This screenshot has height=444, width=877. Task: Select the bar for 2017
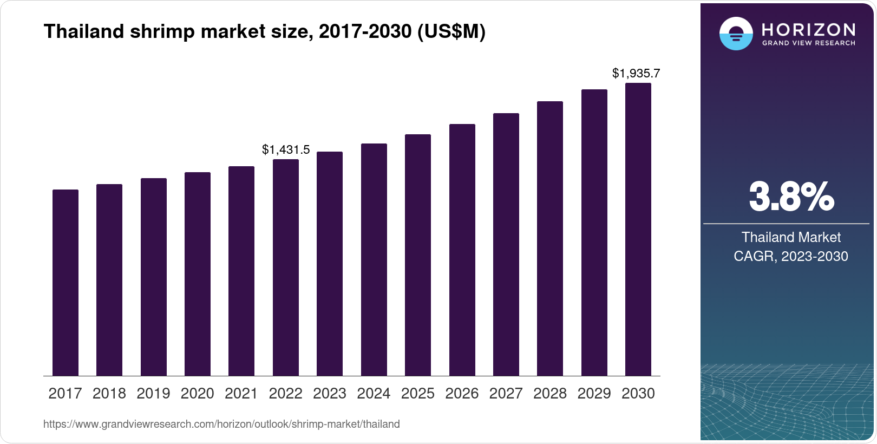click(66, 283)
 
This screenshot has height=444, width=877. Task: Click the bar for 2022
click(286, 267)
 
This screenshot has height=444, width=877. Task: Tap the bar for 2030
click(638, 230)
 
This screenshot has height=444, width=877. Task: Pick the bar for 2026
click(462, 250)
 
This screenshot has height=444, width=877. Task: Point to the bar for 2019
click(154, 277)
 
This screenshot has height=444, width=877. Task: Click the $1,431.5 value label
click(286, 150)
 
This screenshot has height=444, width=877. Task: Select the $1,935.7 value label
click(636, 73)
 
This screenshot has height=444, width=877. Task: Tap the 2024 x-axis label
click(374, 394)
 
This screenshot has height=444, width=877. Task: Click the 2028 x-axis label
click(550, 394)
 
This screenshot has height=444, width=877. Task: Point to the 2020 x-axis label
click(198, 394)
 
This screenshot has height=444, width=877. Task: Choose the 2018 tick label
click(109, 394)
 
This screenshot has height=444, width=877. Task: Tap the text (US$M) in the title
click(451, 32)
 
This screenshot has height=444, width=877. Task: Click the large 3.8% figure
click(791, 197)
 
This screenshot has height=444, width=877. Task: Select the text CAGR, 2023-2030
click(791, 256)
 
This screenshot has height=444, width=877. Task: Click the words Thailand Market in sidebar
click(791, 237)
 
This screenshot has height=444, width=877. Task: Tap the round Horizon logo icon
click(736, 34)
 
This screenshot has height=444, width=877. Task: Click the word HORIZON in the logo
click(808, 29)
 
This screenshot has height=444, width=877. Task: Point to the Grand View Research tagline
click(808, 43)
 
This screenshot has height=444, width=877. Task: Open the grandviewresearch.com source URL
click(221, 425)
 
